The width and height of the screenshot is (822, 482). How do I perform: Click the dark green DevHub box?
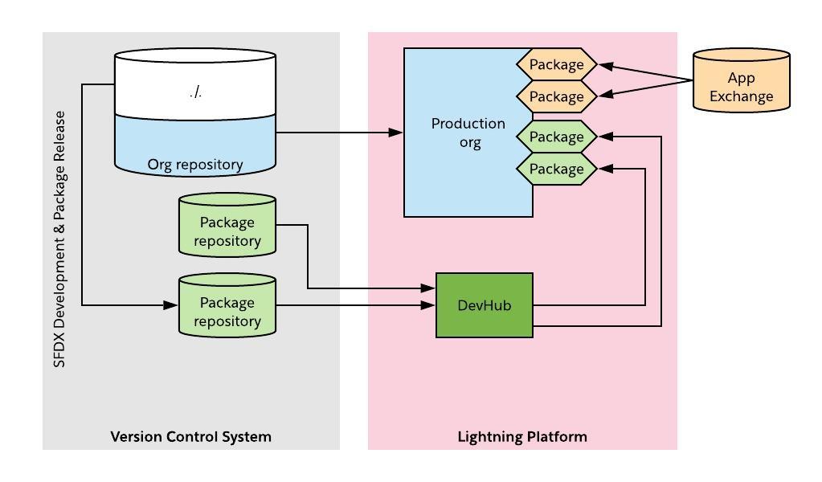pyautogui.click(x=485, y=305)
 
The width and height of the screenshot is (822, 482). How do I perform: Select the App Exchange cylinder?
pyautogui.click(x=741, y=80)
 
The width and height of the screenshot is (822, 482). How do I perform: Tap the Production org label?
pyautogui.click(x=468, y=133)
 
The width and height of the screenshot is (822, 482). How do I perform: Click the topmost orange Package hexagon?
pyautogui.click(x=556, y=64)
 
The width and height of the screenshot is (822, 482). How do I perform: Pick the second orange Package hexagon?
pyautogui.click(x=556, y=96)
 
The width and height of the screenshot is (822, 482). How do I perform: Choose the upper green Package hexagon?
pyautogui.click(x=556, y=137)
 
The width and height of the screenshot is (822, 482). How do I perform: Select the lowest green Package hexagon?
pyautogui.click(x=556, y=169)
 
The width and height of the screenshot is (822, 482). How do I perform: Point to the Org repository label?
pyautogui.click(x=195, y=165)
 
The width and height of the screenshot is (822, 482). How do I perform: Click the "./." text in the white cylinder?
pyautogui.click(x=196, y=92)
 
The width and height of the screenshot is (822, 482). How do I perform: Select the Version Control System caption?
pyautogui.click(x=190, y=437)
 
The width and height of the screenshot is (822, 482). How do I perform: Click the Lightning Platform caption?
pyautogui.click(x=522, y=437)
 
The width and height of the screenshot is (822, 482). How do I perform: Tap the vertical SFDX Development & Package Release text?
pyautogui.click(x=60, y=239)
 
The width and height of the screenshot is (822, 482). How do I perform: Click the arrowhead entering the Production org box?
pyautogui.click(x=396, y=133)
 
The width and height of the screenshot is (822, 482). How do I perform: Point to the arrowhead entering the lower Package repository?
pyautogui.click(x=171, y=305)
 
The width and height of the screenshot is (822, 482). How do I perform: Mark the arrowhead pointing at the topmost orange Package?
pyautogui.click(x=606, y=66)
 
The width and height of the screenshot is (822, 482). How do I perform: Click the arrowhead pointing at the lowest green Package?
pyautogui.click(x=606, y=169)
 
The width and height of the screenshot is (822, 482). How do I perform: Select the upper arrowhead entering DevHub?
pyautogui.click(x=428, y=288)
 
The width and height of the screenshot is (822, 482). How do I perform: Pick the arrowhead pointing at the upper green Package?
pyautogui.click(x=606, y=137)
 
